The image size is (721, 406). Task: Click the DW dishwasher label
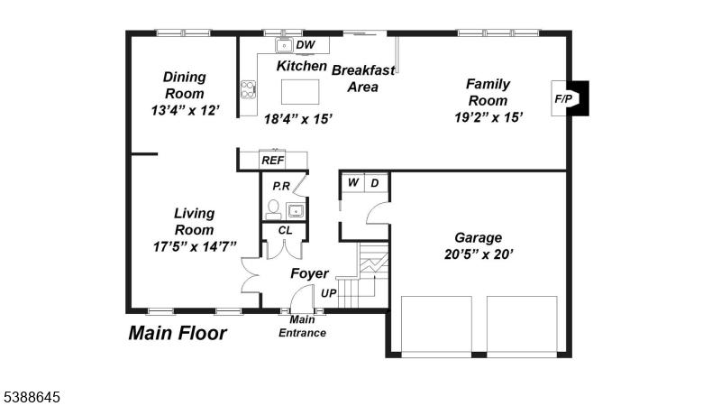click(306, 44)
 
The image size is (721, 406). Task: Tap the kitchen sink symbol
click(284, 46)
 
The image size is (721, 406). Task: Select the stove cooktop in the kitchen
click(249, 89)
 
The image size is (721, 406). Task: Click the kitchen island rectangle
click(300, 92)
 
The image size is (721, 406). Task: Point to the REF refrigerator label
click(273, 161)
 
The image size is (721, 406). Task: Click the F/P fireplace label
click(563, 98)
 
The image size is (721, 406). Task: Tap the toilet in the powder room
click(273, 210)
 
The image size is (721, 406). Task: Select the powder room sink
click(296, 211)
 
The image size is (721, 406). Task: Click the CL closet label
click(285, 230)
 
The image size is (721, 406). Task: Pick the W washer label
click(353, 182)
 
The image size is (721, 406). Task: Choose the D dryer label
click(375, 183)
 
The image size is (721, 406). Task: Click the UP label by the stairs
click(328, 293)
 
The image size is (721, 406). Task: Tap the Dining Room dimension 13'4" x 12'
click(186, 110)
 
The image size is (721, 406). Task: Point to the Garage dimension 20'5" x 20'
click(479, 254)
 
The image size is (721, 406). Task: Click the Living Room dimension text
click(195, 246)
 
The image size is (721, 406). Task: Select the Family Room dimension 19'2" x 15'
click(488, 117)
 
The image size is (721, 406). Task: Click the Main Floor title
click(178, 333)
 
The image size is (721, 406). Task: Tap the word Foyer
click(309, 273)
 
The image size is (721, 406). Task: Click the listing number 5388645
click(32, 397)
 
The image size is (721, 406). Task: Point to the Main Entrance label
click(302, 326)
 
